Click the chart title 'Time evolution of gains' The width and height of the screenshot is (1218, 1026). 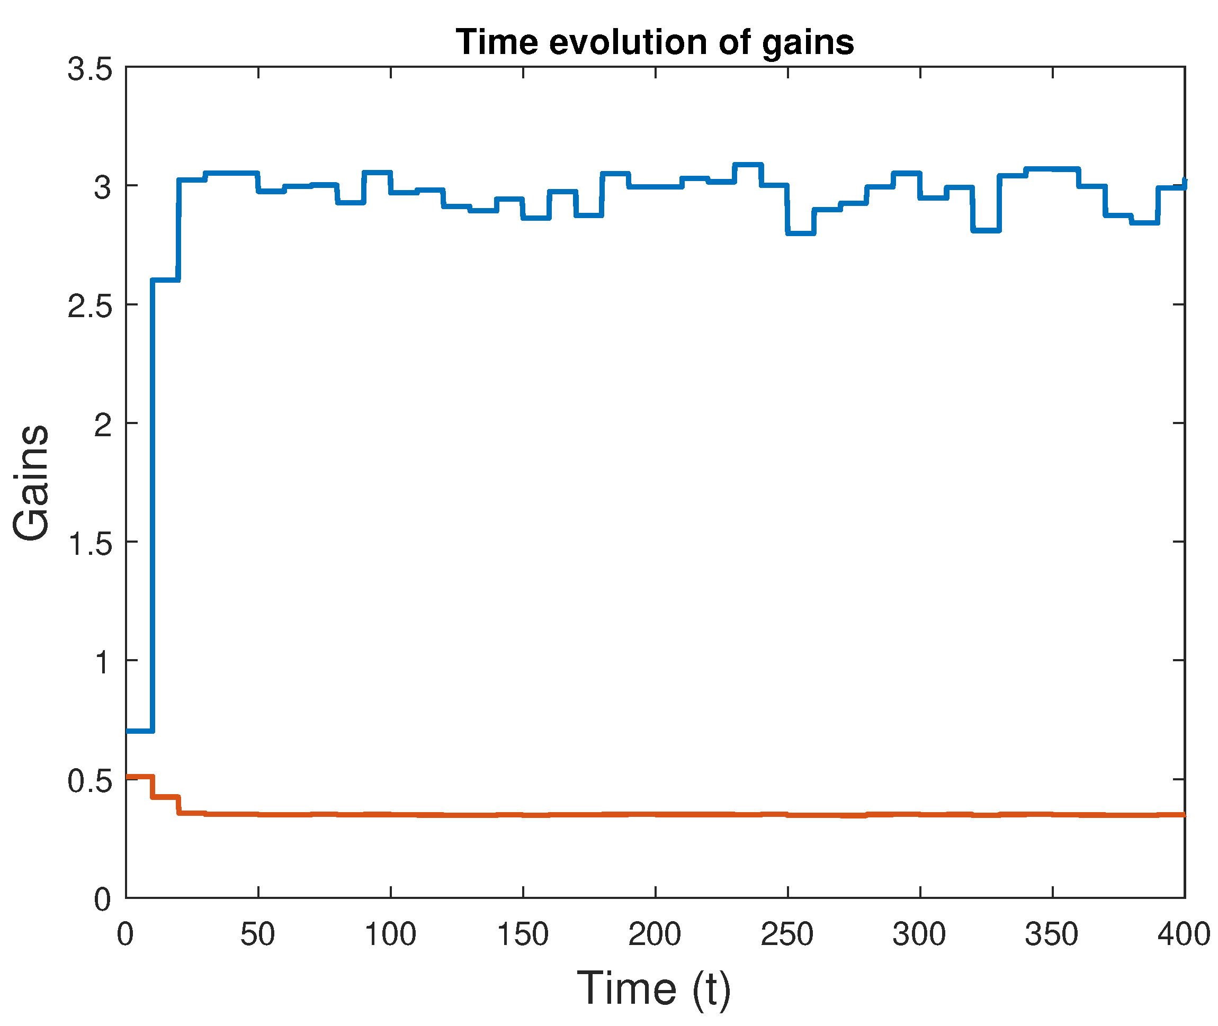coord(655,42)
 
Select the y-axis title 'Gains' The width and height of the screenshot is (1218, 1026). coord(31,482)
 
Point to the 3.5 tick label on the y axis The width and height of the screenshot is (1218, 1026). coord(89,69)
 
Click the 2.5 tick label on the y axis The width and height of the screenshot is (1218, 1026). coord(89,306)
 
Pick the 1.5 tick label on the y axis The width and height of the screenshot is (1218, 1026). coord(89,544)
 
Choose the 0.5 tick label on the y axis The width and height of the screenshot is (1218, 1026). coord(89,781)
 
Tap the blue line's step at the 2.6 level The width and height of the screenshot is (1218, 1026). coord(166,280)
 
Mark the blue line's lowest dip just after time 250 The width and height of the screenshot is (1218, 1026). coord(801,233)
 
